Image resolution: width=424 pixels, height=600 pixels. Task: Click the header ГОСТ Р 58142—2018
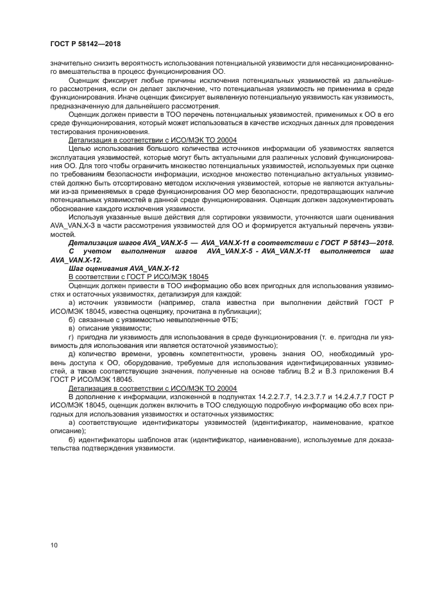[x=85, y=44]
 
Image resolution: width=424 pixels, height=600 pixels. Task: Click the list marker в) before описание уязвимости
[x=72, y=327]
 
